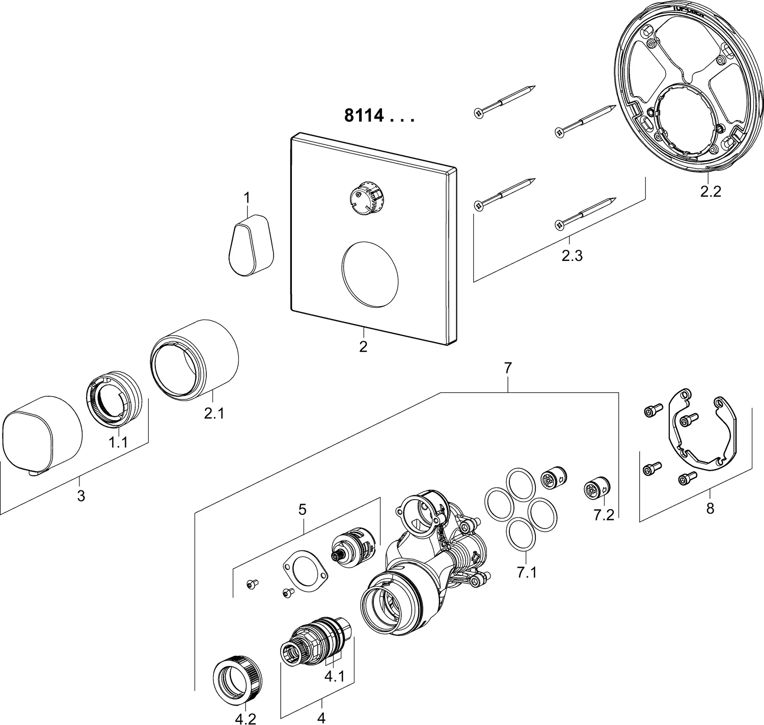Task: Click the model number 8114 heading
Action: (x=379, y=117)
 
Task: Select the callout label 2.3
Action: (x=571, y=256)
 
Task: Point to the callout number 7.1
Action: (x=527, y=573)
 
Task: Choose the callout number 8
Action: (x=711, y=508)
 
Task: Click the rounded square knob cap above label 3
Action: (x=42, y=432)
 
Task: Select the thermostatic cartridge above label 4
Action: (x=316, y=641)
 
